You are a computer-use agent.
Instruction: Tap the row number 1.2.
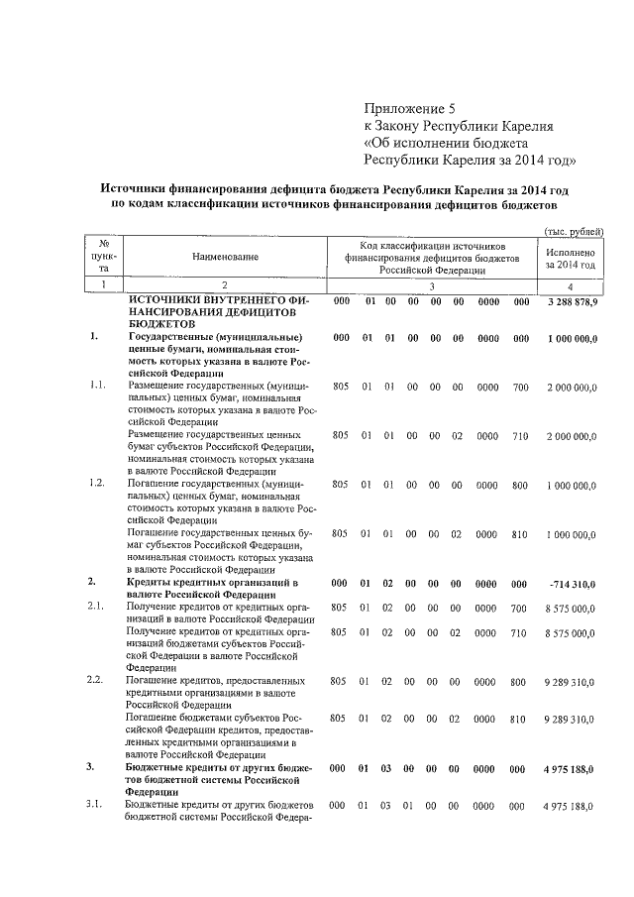pos(96,483)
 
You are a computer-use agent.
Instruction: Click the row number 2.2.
pos(96,681)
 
